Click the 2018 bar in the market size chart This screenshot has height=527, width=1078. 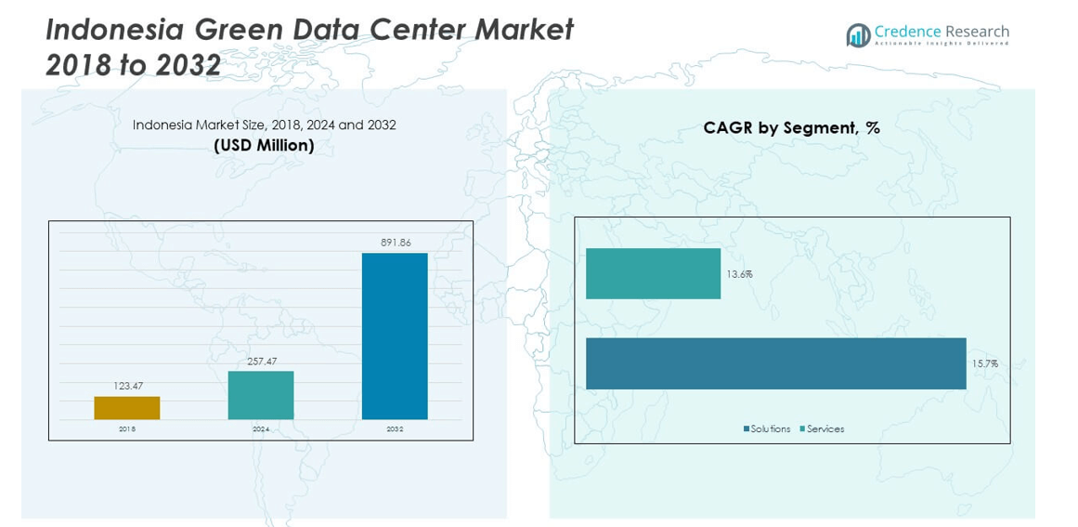[127, 408]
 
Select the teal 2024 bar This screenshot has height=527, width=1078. [261, 395]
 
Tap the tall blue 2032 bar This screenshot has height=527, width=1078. [395, 336]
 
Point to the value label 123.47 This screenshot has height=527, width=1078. [127, 386]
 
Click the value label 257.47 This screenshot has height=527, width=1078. [261, 361]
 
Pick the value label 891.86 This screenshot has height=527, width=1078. [395, 243]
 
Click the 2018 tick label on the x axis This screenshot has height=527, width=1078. [127, 429]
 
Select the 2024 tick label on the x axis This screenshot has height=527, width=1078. [261, 429]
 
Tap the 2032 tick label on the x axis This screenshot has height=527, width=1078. [395, 429]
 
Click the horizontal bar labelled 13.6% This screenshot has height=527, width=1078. [653, 273]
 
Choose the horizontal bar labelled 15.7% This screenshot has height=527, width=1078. [775, 362]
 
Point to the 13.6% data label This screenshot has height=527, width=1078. [739, 274]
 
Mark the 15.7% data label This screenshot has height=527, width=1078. [984, 363]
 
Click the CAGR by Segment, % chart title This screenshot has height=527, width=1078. [791, 128]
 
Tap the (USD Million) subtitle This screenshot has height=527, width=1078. [264, 146]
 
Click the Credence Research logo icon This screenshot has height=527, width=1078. [858, 35]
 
